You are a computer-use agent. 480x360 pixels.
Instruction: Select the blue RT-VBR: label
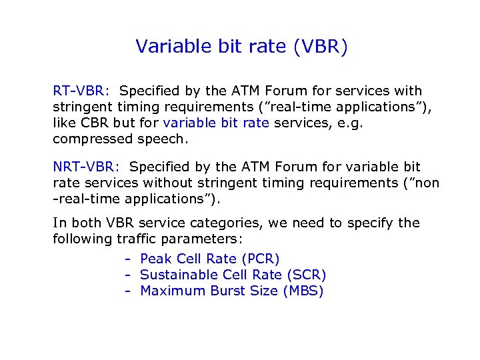click(x=82, y=91)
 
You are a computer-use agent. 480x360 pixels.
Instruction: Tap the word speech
click(x=162, y=139)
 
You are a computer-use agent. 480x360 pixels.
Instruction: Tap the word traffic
click(x=140, y=239)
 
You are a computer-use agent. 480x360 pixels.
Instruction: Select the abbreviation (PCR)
click(x=261, y=259)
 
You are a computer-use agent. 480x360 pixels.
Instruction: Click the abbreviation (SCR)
click(x=306, y=275)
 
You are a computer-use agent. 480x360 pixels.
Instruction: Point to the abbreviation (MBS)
click(x=303, y=291)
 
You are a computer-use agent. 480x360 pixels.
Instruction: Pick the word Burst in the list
click(x=227, y=291)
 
